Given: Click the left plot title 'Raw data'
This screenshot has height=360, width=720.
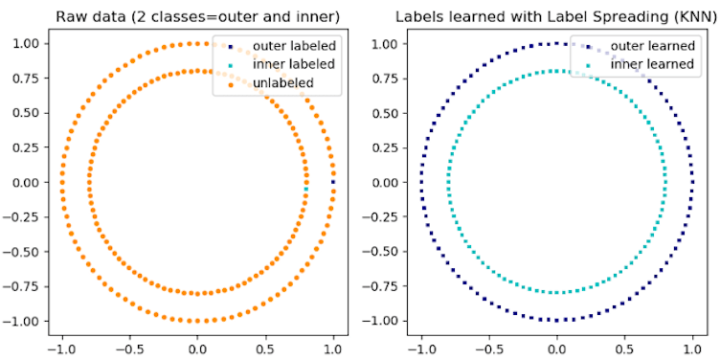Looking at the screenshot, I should coord(197,15).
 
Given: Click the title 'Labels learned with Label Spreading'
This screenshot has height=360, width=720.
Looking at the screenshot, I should coord(556,15).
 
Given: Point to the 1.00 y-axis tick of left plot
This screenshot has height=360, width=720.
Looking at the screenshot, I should coord(26,44).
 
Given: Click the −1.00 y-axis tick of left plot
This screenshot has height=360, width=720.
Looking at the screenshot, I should coord(22,320).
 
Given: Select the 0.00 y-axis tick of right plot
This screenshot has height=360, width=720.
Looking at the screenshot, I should coord(385,182).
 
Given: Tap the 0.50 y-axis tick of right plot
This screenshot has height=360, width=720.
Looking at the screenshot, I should coord(385,113).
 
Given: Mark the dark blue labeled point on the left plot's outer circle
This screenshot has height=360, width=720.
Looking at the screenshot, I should coord(333,182).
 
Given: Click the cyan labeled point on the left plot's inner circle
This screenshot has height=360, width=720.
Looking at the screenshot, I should coord(306,190).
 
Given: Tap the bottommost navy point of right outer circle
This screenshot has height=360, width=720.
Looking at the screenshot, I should coord(556,320).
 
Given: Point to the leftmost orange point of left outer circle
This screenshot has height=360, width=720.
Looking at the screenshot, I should coord(61,182).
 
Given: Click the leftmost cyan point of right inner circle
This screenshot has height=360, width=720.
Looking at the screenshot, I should coord(447,182).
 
